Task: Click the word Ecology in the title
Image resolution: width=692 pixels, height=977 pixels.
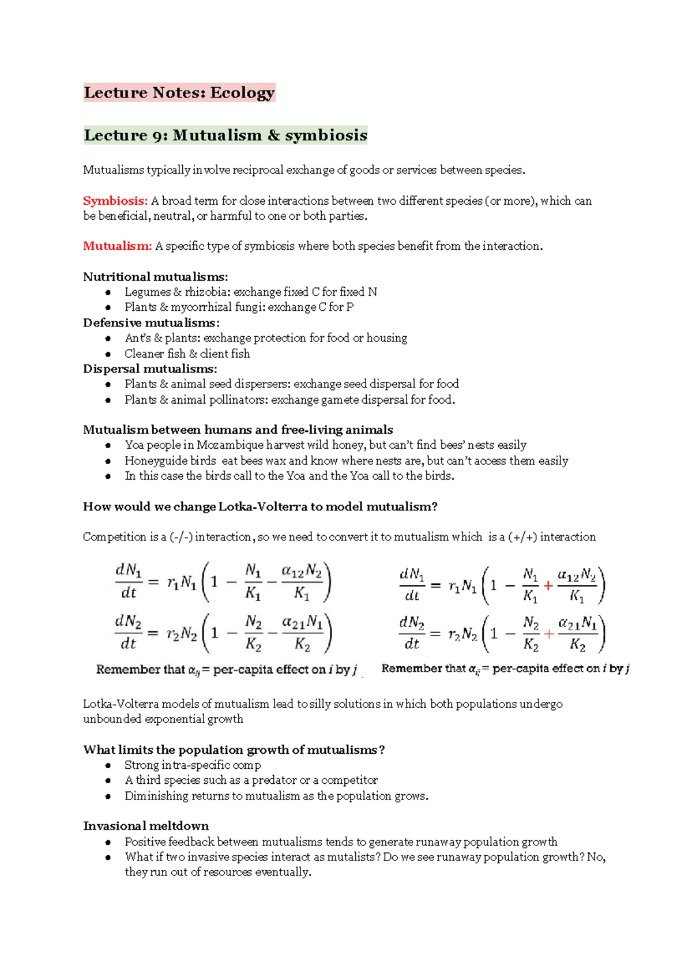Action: [242, 93]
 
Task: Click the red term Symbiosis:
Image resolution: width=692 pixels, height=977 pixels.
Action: [115, 201]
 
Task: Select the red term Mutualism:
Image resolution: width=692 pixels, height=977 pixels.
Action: [117, 246]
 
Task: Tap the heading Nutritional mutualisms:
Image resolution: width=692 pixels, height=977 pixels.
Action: [155, 277]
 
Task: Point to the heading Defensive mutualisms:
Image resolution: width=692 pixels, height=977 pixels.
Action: [151, 322]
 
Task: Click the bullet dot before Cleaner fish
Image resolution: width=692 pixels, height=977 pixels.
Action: [108, 354]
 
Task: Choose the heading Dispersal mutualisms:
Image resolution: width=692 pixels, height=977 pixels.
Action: [150, 369]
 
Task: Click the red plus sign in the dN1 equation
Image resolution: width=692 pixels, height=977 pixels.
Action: [548, 585]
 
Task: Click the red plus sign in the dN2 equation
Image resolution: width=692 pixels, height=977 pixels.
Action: [549, 634]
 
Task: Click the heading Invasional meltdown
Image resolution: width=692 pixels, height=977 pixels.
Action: [146, 826]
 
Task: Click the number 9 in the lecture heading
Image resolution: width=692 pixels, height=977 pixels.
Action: [157, 136]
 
